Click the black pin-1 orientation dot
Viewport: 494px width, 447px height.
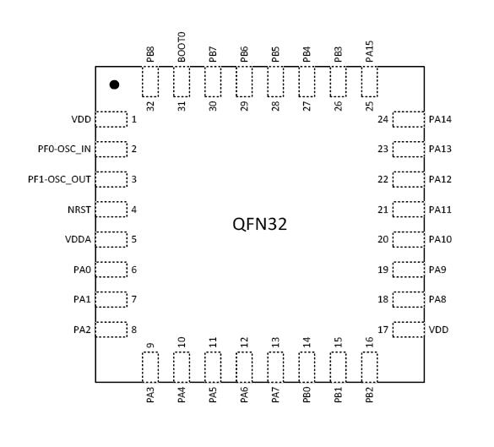pos(114,84)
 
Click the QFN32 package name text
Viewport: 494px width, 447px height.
pos(259,225)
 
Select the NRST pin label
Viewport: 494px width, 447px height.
pos(79,210)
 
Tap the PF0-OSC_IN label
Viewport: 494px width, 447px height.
pos(64,149)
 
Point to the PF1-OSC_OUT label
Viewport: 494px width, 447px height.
pos(59,179)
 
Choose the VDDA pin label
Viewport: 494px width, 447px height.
pos(79,239)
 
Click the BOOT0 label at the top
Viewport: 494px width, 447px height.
pos(182,47)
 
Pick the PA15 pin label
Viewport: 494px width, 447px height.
pos(370,52)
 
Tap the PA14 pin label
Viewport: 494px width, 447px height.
pos(440,119)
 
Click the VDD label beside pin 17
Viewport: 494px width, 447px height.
pos(438,330)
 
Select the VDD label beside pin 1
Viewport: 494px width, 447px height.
pos(81,119)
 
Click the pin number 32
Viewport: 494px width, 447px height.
pos(150,106)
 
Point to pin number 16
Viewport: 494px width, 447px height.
pos(370,342)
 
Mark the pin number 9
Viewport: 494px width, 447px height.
pos(150,346)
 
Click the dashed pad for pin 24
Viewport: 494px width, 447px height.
pos(409,119)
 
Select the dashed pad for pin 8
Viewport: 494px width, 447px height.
pos(111,330)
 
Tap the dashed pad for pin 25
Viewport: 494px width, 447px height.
pos(370,82)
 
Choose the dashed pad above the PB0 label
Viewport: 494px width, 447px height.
pos(307,368)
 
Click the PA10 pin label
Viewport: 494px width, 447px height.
pos(440,239)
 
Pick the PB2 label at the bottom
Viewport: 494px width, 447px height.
pos(370,395)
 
